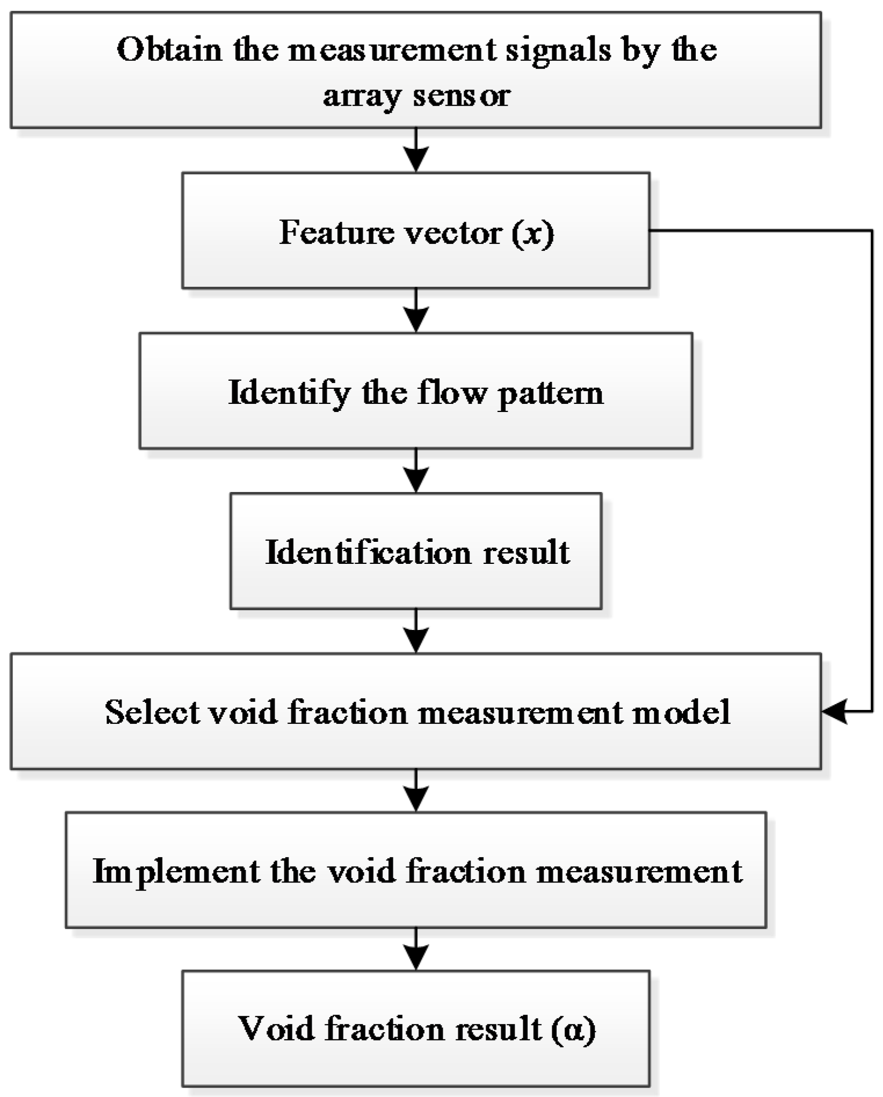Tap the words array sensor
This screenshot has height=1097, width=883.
(x=416, y=96)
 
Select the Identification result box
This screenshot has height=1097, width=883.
(x=416, y=551)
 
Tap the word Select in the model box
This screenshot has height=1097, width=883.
(x=152, y=712)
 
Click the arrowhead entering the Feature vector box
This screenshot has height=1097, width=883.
(x=416, y=159)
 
